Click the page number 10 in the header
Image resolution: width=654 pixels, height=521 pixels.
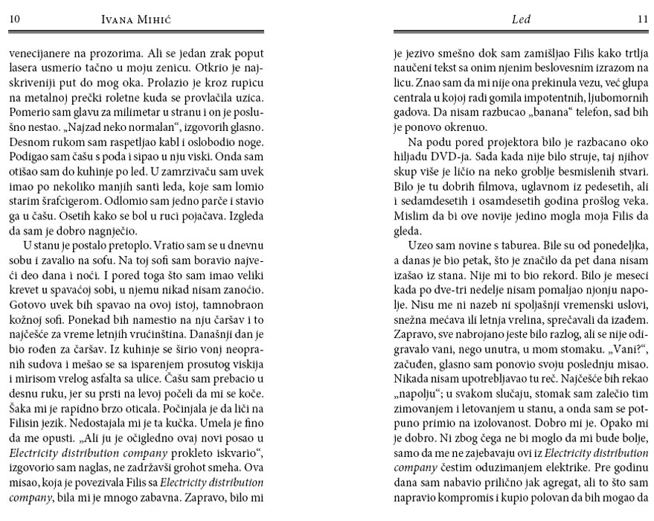point(14,20)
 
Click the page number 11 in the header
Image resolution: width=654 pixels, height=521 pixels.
point(643,20)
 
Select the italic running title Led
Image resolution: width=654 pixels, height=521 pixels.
point(521,20)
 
